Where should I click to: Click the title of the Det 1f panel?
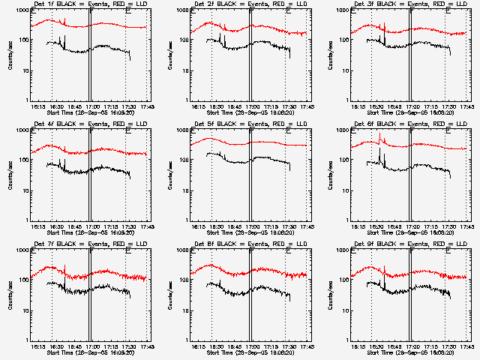[x=88, y=5]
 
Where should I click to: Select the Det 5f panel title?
[x=248, y=125]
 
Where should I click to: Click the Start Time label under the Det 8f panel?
[x=250, y=351]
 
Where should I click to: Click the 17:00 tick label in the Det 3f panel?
[x=411, y=106]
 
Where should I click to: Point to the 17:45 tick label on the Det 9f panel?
[x=466, y=346]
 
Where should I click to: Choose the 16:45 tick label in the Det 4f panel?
[x=73, y=226]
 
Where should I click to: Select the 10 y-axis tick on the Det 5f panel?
[x=182, y=190]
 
